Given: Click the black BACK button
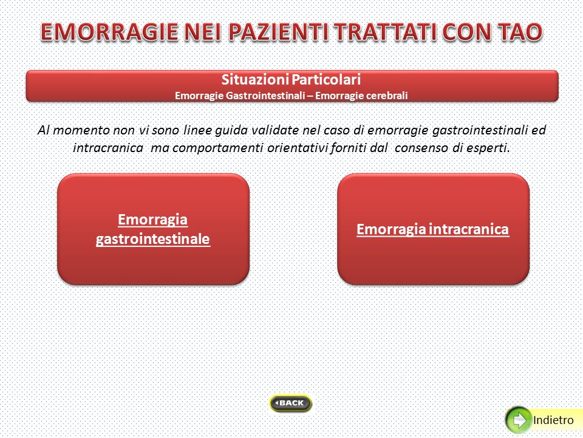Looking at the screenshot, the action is [x=290, y=403].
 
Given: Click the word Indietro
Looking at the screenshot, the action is [x=553, y=420].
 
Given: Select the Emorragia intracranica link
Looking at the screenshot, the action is [x=432, y=229].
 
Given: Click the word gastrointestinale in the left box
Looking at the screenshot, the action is [x=153, y=239].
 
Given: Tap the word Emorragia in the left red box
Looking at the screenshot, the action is [x=152, y=220].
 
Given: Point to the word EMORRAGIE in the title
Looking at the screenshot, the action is [x=109, y=32].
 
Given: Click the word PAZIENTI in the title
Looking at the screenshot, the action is [x=279, y=32].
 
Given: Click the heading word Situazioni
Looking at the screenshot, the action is [x=255, y=79].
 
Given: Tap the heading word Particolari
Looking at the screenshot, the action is [x=326, y=79].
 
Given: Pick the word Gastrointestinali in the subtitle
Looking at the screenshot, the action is [x=265, y=96].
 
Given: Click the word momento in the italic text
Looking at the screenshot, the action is [x=82, y=130].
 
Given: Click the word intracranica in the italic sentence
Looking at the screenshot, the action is [x=108, y=148].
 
